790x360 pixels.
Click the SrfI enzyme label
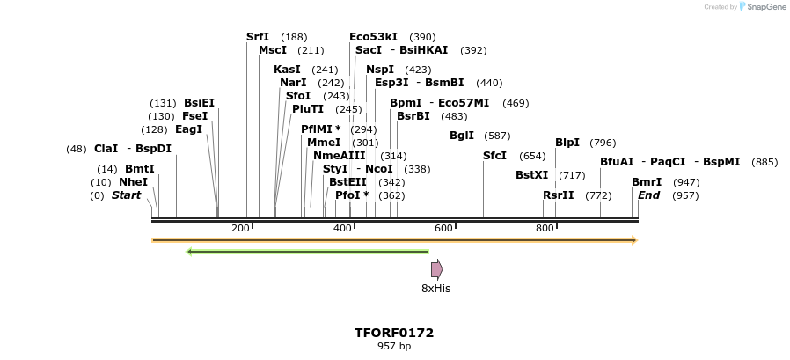coord(258,37)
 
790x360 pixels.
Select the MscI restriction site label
coord(273,50)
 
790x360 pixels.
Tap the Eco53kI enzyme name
coord(373,37)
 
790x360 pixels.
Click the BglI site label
coord(462,136)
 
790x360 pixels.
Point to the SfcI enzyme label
coord(495,155)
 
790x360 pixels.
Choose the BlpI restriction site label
coord(567,143)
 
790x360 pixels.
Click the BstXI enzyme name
coord(531,175)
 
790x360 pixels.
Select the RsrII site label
coord(559,195)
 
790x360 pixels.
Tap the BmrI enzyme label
coord(647,182)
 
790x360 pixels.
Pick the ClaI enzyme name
coord(106,149)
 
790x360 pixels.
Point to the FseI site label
coord(194,116)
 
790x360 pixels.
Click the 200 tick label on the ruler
coord(240,228)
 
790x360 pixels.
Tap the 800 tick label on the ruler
coord(545,228)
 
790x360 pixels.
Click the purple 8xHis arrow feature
coord(436,269)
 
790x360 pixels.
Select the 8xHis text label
coord(435,288)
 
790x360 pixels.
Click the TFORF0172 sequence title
coord(394,333)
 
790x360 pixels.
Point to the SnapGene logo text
coord(767,7)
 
